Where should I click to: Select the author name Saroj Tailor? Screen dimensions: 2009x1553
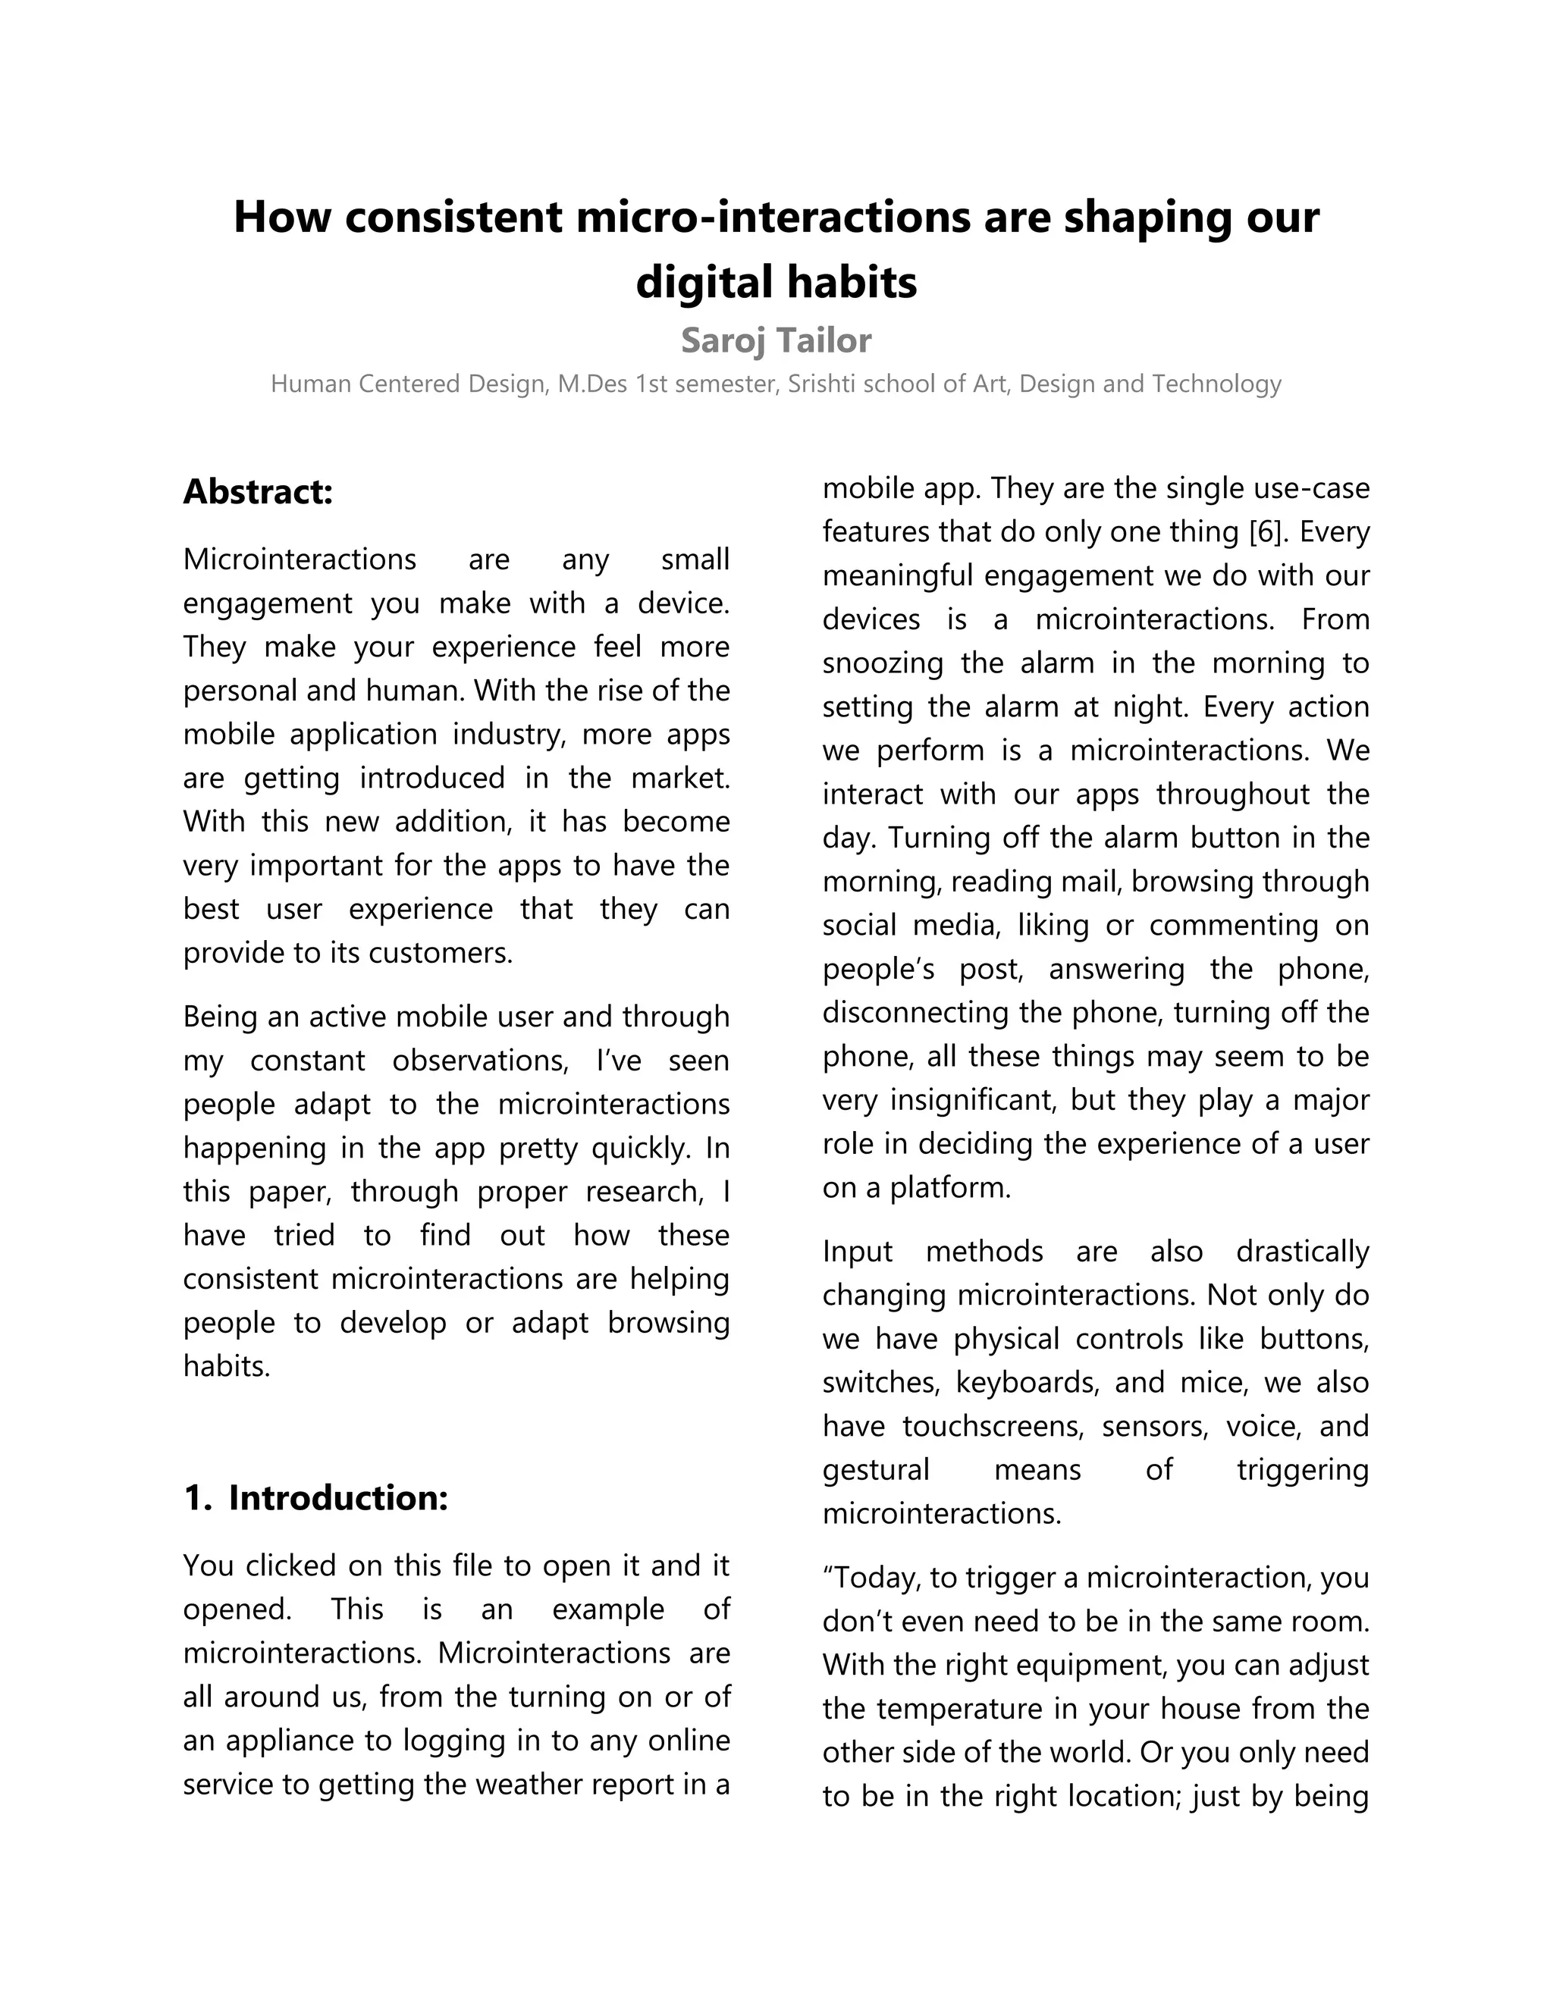tap(776, 341)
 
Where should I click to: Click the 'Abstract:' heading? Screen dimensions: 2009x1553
tap(258, 491)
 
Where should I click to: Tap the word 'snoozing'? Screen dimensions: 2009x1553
tap(883, 663)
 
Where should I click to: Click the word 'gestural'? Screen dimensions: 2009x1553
tap(876, 1470)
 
